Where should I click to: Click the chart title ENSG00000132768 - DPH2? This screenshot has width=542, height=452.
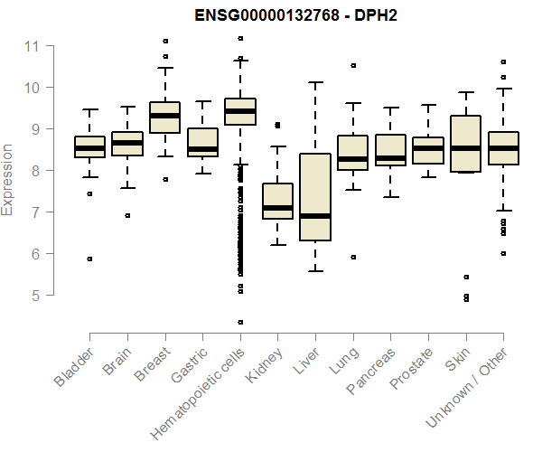[x=296, y=15]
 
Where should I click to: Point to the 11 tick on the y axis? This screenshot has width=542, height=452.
[x=33, y=46]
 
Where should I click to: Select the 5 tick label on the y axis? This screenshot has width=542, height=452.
[x=33, y=296]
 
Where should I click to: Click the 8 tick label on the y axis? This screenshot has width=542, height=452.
[x=33, y=171]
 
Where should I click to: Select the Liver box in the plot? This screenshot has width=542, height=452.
[x=315, y=197]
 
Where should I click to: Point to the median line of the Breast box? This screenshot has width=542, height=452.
[x=164, y=116]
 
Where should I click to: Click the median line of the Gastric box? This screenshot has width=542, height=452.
[x=202, y=149]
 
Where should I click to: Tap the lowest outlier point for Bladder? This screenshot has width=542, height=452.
[x=89, y=259]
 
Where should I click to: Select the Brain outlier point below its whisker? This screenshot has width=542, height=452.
[x=127, y=215]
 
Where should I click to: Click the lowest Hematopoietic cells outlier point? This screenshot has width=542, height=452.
[x=240, y=322]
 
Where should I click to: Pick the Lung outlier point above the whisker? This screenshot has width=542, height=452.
[x=353, y=65]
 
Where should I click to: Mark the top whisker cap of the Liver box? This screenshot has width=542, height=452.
[x=315, y=82]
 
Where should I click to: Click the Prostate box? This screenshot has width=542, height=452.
[x=428, y=150]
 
